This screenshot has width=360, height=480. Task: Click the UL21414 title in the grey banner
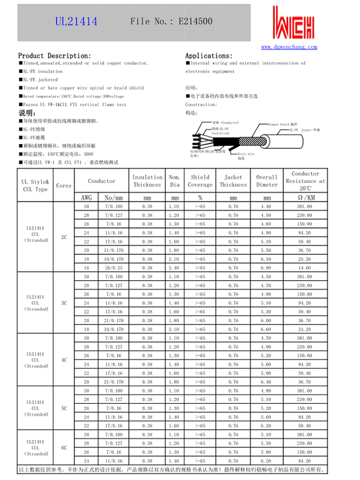click(76, 21)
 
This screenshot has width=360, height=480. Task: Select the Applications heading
click(209, 55)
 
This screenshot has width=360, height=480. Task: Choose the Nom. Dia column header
click(175, 181)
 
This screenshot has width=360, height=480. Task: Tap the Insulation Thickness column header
click(148, 181)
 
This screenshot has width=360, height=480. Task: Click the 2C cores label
click(64, 238)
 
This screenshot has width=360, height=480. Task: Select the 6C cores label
click(64, 448)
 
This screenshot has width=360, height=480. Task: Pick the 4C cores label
click(64, 360)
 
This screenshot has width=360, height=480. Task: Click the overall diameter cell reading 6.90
click(266, 268)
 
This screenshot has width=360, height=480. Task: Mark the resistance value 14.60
click(305, 268)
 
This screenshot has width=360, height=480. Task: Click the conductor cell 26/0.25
click(114, 268)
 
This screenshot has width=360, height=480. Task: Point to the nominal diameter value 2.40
click(175, 268)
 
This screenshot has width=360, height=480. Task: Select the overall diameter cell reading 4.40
click(266, 206)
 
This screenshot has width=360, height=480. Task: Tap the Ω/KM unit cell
click(305, 197)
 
